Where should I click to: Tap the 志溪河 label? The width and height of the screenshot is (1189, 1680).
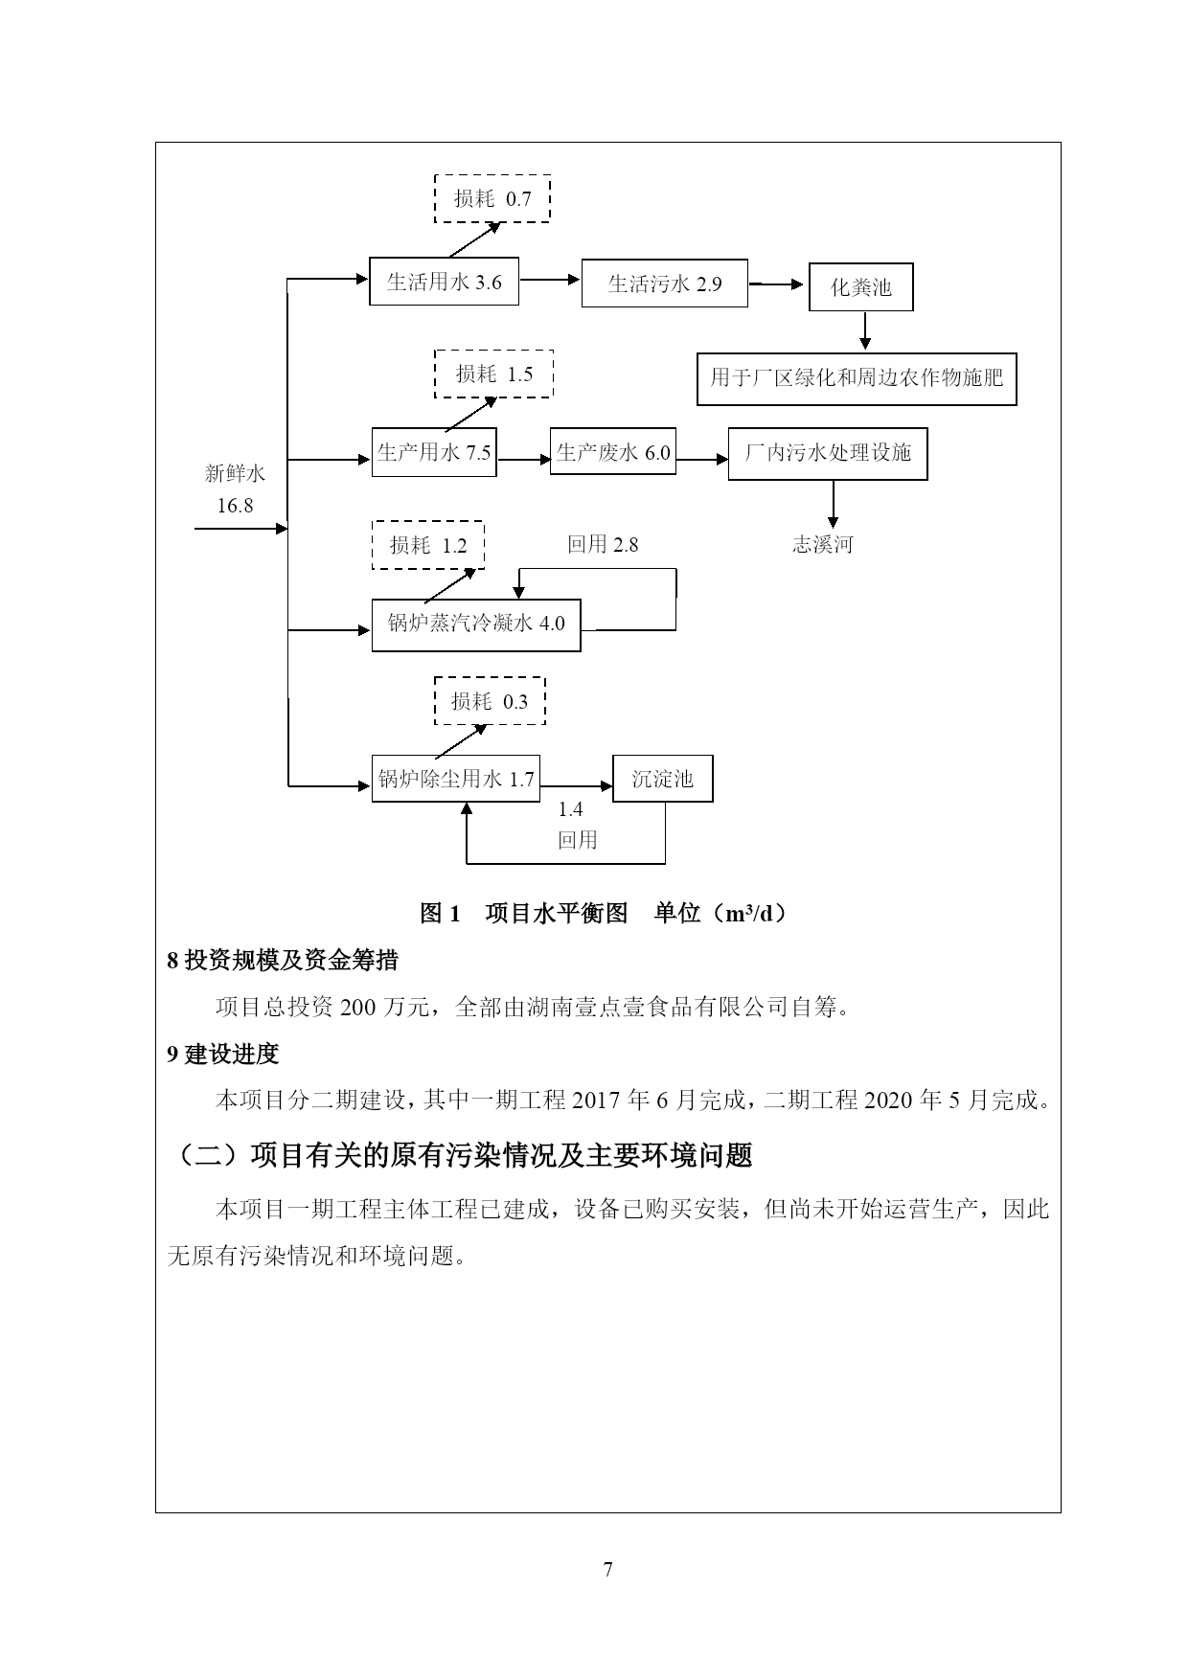822,545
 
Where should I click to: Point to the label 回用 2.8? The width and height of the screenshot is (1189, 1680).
602,545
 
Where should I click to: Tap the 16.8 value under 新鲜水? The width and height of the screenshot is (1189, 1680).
235,505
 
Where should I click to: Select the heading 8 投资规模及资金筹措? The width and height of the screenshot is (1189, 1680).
283,960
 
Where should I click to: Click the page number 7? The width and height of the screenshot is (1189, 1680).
608,1569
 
